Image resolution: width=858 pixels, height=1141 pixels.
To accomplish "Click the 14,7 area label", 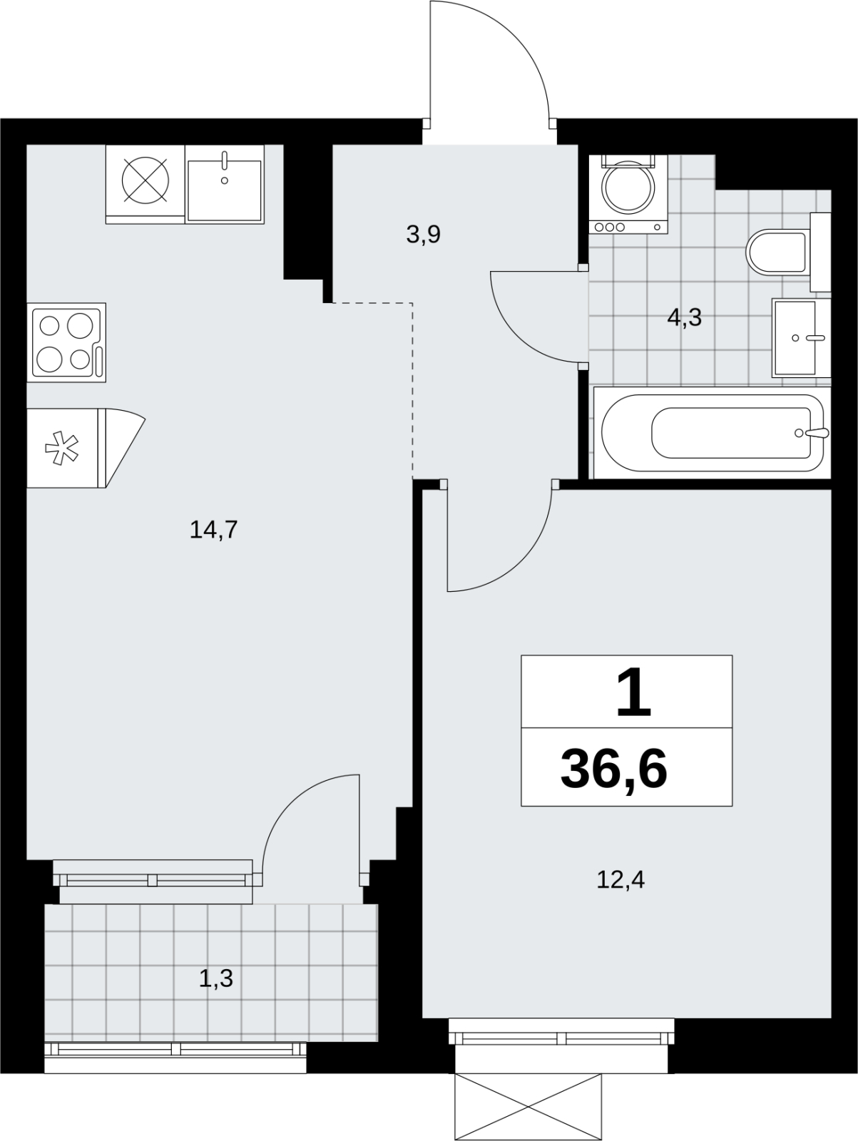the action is click(213, 531).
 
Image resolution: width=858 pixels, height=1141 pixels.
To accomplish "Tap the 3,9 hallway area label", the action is click(424, 235).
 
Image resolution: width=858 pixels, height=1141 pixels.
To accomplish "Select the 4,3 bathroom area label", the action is click(685, 317).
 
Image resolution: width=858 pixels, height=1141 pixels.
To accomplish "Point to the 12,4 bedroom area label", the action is click(620, 880).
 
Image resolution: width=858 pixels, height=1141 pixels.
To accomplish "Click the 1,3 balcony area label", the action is click(215, 979).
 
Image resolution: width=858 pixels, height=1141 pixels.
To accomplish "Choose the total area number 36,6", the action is click(614, 770).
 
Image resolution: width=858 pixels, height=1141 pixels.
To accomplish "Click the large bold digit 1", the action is click(633, 692).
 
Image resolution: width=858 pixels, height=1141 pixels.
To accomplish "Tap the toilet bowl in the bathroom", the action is click(777, 252).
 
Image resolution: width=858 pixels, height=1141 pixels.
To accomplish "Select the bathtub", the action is click(713, 432).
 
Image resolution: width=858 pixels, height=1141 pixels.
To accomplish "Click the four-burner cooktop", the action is click(66, 342).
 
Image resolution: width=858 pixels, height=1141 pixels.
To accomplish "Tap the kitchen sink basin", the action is click(225, 190).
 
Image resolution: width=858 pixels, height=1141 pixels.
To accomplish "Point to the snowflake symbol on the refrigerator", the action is click(61, 448).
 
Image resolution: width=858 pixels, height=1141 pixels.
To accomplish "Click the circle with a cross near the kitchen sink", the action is click(145, 180).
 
